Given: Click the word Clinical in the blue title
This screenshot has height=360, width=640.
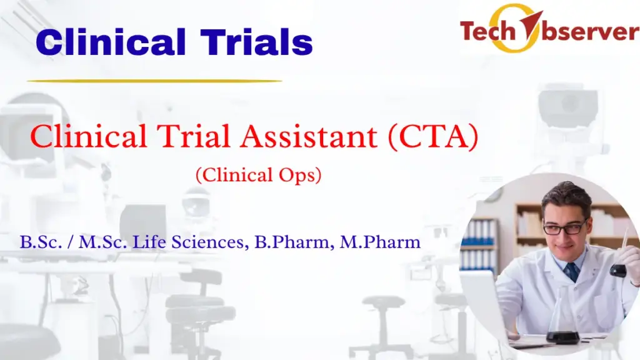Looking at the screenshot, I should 109,43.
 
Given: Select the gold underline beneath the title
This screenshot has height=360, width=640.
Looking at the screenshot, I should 154,81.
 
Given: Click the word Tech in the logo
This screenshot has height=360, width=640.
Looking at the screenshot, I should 488,29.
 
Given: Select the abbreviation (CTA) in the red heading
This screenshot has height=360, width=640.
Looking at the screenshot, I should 432,137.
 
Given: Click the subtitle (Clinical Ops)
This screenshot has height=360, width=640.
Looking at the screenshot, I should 258,176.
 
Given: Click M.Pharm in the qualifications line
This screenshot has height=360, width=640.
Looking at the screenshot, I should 379,242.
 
